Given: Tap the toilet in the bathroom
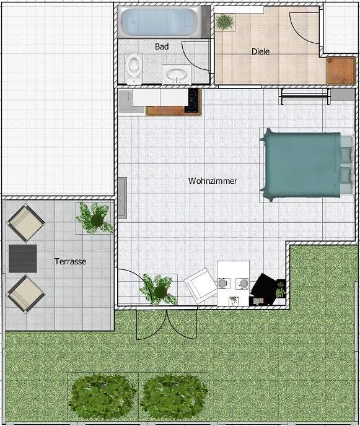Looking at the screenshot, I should pyautogui.click(x=133, y=67).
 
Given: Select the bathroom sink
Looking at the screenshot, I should pyautogui.click(x=177, y=75).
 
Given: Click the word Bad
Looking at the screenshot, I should pyautogui.click(x=162, y=46).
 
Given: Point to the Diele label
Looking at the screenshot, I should pyautogui.click(x=260, y=52).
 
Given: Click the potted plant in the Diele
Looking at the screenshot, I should pyautogui.click(x=224, y=22).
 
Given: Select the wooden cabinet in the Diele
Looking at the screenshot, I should pyautogui.click(x=340, y=70).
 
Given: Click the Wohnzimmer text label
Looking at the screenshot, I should pyautogui.click(x=213, y=181).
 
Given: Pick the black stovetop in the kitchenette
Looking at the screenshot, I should pyautogui.click(x=193, y=100).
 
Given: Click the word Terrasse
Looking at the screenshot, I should pyautogui.click(x=70, y=262).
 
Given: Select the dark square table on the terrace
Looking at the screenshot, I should pyautogui.click(x=23, y=258).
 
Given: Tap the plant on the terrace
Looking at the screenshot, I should pyautogui.click(x=95, y=217).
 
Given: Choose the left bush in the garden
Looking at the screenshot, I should pyautogui.click(x=103, y=394).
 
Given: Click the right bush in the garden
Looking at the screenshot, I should pyautogui.click(x=174, y=394).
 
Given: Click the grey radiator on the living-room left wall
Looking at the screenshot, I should pyautogui.click(x=123, y=199).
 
